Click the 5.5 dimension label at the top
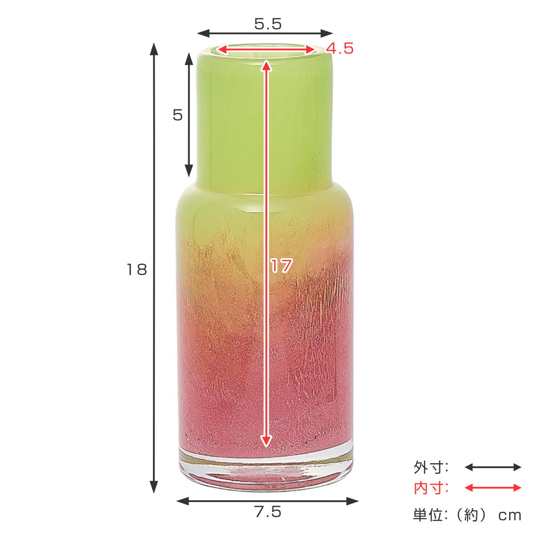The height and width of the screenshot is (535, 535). [267, 24]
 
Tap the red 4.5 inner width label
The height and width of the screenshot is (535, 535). [340, 49]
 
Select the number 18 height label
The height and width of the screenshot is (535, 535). [136, 270]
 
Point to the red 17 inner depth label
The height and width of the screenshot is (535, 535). [281, 266]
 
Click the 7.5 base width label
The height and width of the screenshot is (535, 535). [268, 511]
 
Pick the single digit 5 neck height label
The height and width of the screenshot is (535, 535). [178, 115]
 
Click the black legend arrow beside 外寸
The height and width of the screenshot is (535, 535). [493, 467]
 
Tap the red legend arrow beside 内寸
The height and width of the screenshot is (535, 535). [493, 488]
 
